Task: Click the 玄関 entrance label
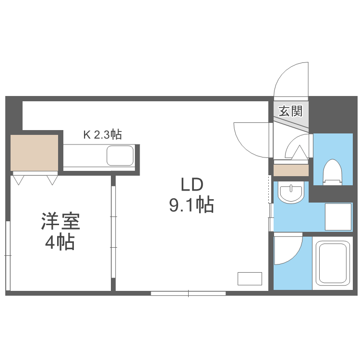[x=291, y=111]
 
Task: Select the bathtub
[x=332, y=263]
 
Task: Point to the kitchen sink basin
[x=120, y=156]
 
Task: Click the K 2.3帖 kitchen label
[x=102, y=134]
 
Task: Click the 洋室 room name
[x=60, y=222]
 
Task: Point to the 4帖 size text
[x=60, y=242]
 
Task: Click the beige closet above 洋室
[x=35, y=152]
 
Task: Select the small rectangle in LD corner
[x=250, y=278]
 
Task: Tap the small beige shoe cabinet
[x=291, y=170]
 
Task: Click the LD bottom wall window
[x=188, y=293]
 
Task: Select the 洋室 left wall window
[x=8, y=256]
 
